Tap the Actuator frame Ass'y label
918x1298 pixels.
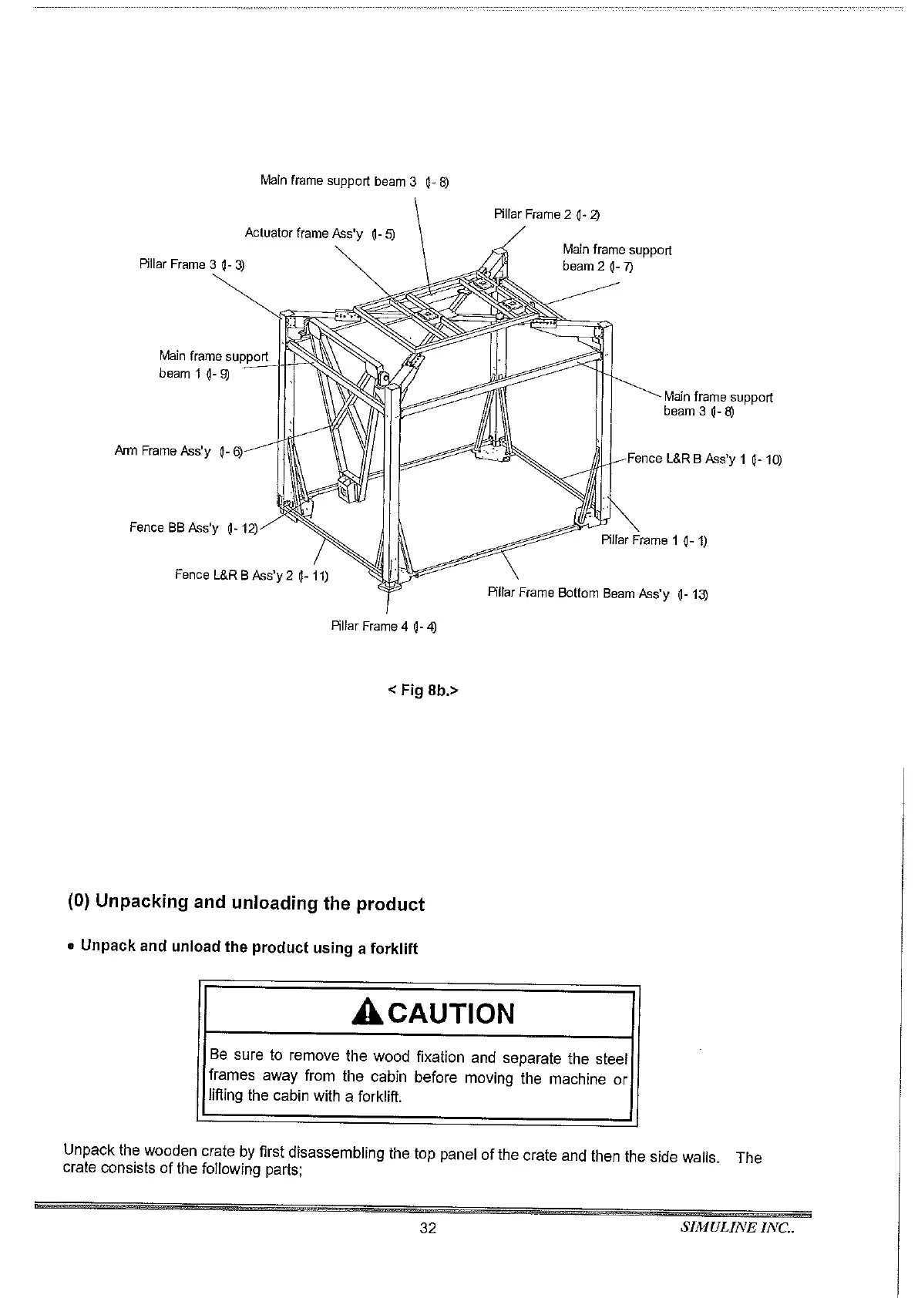pos(319,234)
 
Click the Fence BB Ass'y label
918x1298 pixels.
pos(193,528)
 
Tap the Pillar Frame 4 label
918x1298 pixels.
pos(384,626)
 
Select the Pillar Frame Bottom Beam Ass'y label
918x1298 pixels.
pos(597,594)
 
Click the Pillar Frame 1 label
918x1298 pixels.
pos(654,540)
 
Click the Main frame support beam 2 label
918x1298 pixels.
pos(617,258)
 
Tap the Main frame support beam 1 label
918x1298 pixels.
pos(213,365)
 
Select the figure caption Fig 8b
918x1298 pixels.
pos(422,691)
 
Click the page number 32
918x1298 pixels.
pos(428,1229)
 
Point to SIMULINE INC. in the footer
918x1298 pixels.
pos(738,1228)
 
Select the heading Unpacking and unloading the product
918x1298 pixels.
pos(247,903)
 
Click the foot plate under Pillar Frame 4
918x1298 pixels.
pos(388,588)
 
